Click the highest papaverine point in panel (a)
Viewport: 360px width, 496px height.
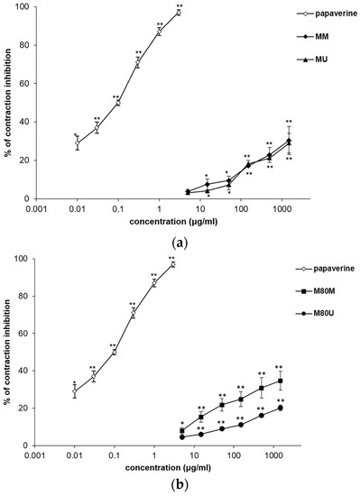point(179,13)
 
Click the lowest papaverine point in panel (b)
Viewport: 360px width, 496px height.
point(76,392)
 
